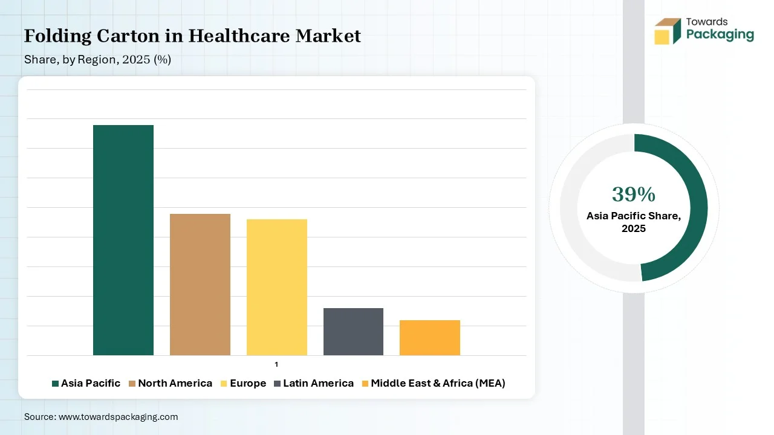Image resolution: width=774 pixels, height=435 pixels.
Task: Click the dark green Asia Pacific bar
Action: [x=123, y=240]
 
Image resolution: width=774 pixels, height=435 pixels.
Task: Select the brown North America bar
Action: [x=200, y=284]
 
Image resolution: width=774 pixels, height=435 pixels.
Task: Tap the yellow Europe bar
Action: [x=277, y=287]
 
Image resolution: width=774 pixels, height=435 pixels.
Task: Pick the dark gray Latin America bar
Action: [x=353, y=331]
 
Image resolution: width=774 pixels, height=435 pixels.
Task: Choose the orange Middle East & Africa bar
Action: [x=430, y=337]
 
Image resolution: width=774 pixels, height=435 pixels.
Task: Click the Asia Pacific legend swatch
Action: [x=56, y=384]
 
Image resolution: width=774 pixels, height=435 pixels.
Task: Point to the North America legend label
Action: [x=175, y=383]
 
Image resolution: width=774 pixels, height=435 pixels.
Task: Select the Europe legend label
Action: [x=248, y=383]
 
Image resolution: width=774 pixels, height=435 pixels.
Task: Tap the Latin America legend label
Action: [x=318, y=383]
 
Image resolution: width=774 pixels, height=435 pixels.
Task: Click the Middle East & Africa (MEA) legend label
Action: [x=438, y=383]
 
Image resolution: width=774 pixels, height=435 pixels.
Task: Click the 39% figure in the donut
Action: [x=634, y=195]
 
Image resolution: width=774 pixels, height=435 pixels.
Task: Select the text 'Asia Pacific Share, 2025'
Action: [x=634, y=222]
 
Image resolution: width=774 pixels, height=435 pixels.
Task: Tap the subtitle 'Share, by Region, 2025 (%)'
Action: [x=97, y=60]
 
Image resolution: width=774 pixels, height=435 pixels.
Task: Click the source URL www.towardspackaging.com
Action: [x=118, y=417]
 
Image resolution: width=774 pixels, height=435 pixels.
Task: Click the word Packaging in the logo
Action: [x=720, y=34]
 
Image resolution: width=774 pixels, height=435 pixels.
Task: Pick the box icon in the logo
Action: [x=668, y=31]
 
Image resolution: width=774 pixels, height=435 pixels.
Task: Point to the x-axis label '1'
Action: [x=276, y=364]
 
